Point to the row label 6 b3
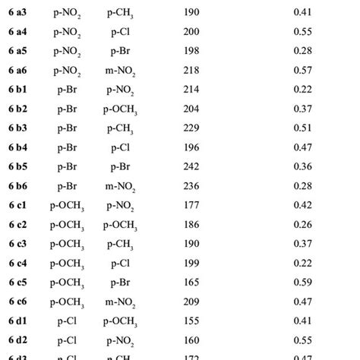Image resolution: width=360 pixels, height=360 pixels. pos(17,128)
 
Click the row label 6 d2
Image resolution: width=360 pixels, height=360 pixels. pos(17,340)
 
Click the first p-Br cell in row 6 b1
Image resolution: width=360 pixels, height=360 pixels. pos(68,89)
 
